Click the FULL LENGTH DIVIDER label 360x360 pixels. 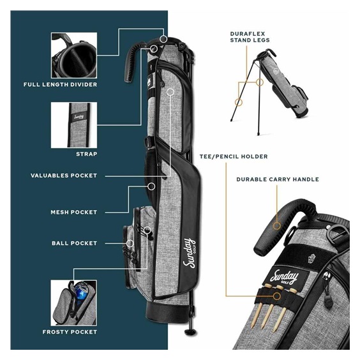[x=60, y=84]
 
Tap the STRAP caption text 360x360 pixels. [x=87, y=154]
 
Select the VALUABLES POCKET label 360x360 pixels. [x=64, y=176]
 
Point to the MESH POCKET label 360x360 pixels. [x=73, y=212]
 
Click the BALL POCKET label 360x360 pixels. [x=75, y=243]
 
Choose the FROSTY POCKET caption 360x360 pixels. [x=70, y=332]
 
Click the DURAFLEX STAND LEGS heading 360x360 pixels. [x=250, y=37]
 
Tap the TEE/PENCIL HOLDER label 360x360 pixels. [x=234, y=156]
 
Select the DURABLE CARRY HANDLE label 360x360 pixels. [x=278, y=179]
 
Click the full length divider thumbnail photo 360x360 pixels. [x=74, y=56]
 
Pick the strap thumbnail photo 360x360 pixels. [x=74, y=125]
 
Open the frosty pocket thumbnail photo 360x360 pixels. [x=73, y=303]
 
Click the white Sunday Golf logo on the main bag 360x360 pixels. [x=189, y=253]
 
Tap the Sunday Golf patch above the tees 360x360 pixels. [x=285, y=276]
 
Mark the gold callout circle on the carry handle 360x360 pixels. [x=277, y=226]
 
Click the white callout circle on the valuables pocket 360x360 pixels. [x=170, y=92]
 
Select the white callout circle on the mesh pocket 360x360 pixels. [x=151, y=186]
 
